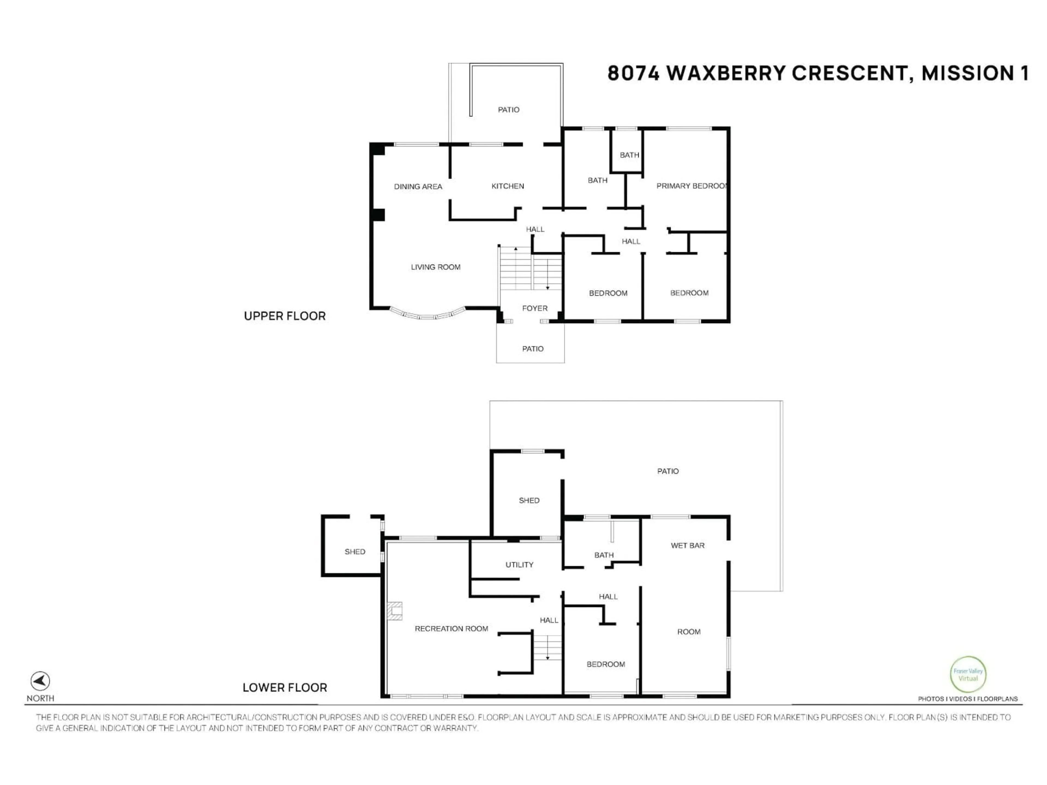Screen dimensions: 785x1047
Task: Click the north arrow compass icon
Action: [40, 681]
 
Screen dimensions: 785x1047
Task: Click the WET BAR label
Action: [687, 546]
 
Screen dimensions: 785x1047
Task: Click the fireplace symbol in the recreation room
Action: [395, 611]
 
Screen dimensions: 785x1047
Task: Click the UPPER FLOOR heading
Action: [284, 316]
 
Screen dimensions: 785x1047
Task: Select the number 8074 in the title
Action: [633, 73]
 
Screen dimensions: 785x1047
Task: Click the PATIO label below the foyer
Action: [532, 349]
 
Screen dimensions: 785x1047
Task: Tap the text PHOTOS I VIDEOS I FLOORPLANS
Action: [967, 699]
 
